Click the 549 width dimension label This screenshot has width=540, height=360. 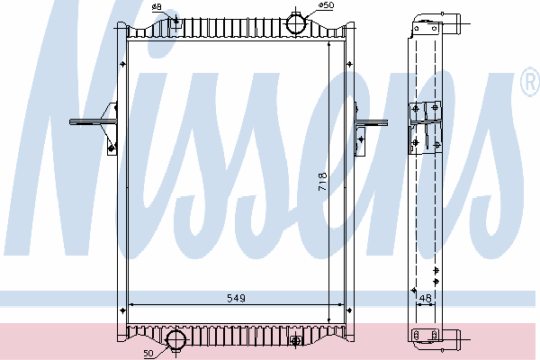pyautogui.click(x=236, y=298)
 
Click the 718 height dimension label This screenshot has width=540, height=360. pyautogui.click(x=322, y=182)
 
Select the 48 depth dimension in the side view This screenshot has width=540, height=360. pyautogui.click(x=426, y=298)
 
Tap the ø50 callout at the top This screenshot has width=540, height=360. pyautogui.click(x=326, y=5)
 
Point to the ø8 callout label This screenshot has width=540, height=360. pyautogui.click(x=157, y=6)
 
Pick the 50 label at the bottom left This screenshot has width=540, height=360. pyautogui.click(x=148, y=353)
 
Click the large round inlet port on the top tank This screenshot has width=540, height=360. pyautogui.click(x=296, y=23)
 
